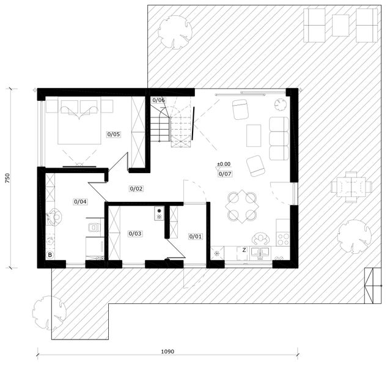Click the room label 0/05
(114, 134)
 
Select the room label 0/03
(135, 233)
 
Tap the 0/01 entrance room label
(196, 236)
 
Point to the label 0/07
(224, 174)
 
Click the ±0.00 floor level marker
(224, 164)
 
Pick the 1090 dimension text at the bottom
(167, 352)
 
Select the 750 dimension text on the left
(7, 178)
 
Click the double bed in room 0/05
(79, 121)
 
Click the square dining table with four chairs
(241, 206)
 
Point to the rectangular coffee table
(254, 135)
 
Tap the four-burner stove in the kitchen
(282, 235)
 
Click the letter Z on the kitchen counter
(244, 250)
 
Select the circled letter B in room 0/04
(50, 254)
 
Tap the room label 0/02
(136, 188)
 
